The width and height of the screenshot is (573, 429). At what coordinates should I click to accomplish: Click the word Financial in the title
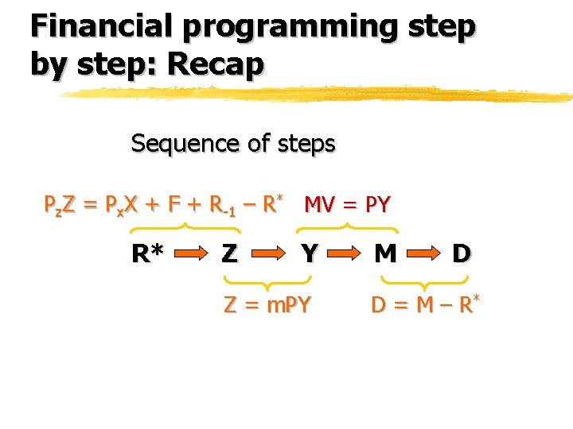coord(100,26)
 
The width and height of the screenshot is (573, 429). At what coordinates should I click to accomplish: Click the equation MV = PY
coord(348,205)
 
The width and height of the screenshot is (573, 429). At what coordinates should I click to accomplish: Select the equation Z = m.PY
coord(267,303)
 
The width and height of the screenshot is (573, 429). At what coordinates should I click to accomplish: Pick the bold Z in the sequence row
coord(229,254)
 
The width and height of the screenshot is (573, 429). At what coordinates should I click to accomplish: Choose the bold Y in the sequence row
coord(310,254)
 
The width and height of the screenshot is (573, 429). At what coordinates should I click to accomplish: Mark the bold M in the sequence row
coord(385,254)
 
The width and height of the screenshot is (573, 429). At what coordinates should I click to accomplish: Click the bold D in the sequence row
coord(461,254)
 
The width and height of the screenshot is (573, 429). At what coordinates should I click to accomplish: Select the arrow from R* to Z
coord(190,255)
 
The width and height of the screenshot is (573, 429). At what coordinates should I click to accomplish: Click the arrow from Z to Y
coord(271,255)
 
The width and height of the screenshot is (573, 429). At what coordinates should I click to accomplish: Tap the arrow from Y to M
coord(347,255)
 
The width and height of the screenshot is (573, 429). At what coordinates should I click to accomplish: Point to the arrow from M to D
coord(423,255)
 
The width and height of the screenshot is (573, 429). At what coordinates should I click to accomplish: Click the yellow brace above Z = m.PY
coord(267,280)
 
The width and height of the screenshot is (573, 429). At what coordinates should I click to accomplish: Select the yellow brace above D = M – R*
coord(424,280)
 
